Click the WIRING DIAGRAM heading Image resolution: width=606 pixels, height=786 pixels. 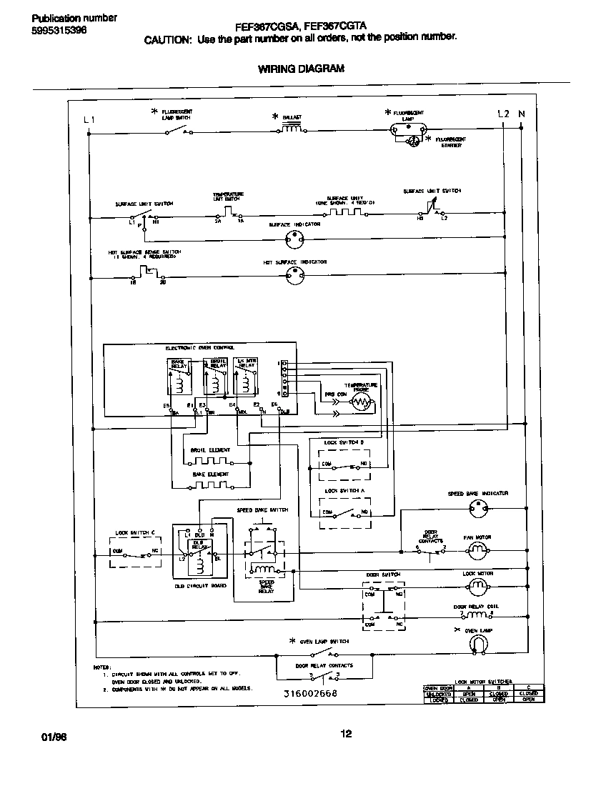pos(301,69)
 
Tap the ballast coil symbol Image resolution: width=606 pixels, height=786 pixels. pos(291,129)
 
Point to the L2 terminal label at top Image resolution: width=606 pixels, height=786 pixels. pos(503,114)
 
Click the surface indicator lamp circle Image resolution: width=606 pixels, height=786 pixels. pos(294,241)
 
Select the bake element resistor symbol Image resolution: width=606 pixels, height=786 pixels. pos(210,485)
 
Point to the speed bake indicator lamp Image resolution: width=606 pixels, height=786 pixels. pos(477,508)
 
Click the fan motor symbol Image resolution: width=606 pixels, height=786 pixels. pos(477,549)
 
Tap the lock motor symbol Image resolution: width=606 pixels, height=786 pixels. pos(477,586)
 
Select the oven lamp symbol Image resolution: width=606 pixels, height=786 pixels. pos(477,645)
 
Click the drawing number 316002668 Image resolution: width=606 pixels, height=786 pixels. pos(309,693)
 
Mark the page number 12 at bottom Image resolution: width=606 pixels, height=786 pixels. pos(346,734)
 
